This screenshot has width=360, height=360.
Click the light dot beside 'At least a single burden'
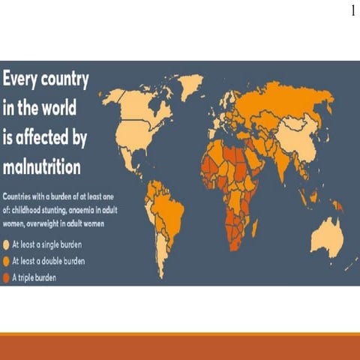(x=7, y=244)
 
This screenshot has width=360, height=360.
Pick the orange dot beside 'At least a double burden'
(x=7, y=260)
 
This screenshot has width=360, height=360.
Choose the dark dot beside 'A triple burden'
(x=7, y=276)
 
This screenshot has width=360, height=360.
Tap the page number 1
(x=352, y=11)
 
